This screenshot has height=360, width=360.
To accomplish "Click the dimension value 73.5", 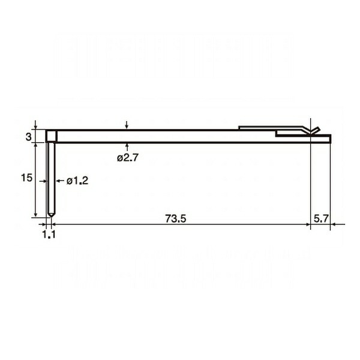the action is coord(176,218).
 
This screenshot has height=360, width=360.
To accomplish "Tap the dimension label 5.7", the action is coord(321,218).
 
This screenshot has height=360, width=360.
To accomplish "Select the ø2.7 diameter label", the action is coord(128,158).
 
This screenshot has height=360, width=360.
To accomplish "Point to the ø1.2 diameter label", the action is coord(77,181).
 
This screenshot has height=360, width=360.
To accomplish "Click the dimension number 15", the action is coord(26,178).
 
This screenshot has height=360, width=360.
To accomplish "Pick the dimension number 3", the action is coord(28,137).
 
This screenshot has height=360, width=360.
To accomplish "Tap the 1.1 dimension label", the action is coord(49,235).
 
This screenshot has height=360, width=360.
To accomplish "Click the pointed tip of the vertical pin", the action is coord(51,217).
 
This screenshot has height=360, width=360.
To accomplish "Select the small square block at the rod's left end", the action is coord(52,136).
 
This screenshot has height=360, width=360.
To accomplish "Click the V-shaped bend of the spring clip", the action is coord(311,133).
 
